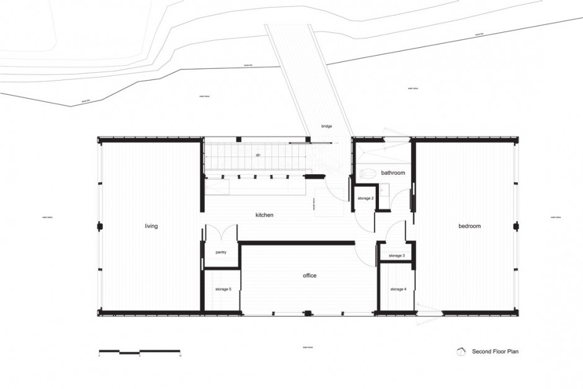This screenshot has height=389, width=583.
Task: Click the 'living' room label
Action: (151, 226)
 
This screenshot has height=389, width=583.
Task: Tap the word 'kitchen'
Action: (265, 215)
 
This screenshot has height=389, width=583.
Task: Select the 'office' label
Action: (309, 275)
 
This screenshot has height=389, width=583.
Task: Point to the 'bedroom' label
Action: (470, 226)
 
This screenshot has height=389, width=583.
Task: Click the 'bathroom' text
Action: (393, 173)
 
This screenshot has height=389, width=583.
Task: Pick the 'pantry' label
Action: (221, 253)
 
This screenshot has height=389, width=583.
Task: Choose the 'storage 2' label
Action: (365, 198)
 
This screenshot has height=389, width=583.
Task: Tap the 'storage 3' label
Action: (396, 256)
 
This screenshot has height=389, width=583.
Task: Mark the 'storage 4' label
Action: (398, 289)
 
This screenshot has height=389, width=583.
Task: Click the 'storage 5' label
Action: (223, 289)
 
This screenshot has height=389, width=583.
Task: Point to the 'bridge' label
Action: (326, 127)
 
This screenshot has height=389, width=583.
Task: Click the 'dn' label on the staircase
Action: (256, 155)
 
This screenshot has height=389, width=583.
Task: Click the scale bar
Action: (140, 352)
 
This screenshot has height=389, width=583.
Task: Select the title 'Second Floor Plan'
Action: (495, 352)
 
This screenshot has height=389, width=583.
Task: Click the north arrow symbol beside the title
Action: (460, 351)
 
